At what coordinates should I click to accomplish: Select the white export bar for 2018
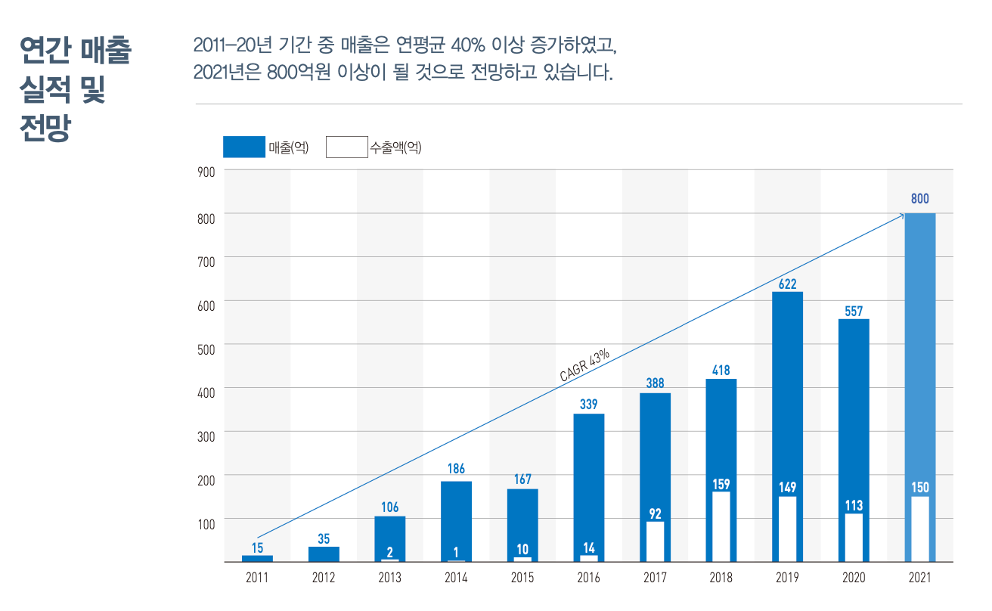[x=721, y=527]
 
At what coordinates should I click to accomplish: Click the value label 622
[x=787, y=284]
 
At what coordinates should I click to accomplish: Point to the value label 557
[x=854, y=311]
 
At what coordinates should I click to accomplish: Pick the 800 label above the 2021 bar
[x=919, y=199]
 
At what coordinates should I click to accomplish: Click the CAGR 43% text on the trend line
[x=584, y=364]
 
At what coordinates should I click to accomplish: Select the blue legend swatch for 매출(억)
[x=244, y=147]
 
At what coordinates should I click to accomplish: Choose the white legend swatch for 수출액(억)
[x=346, y=147]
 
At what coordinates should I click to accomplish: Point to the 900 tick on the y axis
[x=207, y=172]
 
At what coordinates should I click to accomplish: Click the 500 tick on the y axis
[x=207, y=348]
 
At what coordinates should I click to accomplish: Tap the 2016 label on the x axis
[x=588, y=578]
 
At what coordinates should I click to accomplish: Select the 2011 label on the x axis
[x=257, y=578]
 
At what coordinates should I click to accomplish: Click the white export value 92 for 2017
[x=655, y=514]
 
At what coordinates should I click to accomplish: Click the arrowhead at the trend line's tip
[x=901, y=216]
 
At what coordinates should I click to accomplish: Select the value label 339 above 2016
[x=588, y=405]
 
